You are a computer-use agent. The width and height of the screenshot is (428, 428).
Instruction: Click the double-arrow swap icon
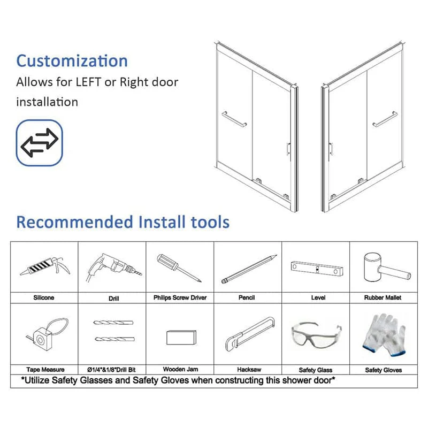point(40,143)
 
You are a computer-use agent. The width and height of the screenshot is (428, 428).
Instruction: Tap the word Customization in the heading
point(72,60)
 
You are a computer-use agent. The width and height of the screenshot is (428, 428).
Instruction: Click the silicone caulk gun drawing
point(45,266)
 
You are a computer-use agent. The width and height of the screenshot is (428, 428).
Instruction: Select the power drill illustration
point(113,267)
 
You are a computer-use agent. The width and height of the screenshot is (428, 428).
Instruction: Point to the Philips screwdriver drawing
point(179,268)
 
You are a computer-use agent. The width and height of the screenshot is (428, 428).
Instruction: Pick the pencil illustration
point(249,269)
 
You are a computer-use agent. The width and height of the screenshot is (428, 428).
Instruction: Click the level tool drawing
point(317,269)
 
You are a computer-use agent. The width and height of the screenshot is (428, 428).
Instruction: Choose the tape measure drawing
point(47,335)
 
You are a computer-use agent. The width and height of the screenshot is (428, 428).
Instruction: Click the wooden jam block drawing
point(181,338)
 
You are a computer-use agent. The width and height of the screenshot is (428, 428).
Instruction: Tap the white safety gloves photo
point(384,335)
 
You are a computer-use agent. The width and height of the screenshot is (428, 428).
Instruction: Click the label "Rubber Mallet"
point(383,297)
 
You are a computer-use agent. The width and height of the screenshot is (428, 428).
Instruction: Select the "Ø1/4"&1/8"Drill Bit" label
point(111,370)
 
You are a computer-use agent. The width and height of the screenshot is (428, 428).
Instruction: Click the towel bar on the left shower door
point(234,119)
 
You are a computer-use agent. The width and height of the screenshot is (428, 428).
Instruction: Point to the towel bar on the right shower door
point(385,119)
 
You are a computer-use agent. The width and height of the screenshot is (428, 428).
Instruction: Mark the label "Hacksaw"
point(249,370)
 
